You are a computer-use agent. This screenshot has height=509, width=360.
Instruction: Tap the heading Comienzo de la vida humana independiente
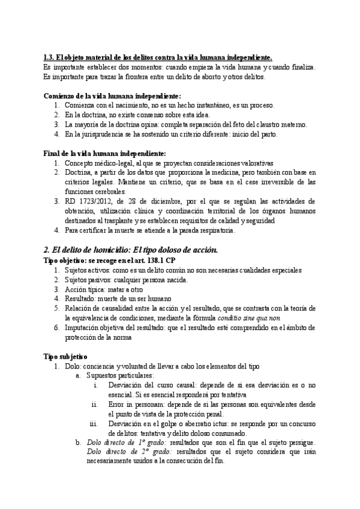pos(112,95)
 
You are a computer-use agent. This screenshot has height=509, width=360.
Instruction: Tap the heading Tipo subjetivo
pos(66,356)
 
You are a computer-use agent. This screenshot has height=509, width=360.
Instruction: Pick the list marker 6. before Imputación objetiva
pos(57,327)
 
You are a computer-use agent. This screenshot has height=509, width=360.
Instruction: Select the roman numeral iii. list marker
pos(93,423)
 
